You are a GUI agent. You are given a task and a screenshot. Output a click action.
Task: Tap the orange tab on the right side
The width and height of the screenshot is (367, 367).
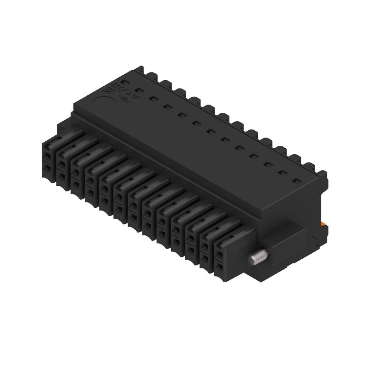324,223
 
